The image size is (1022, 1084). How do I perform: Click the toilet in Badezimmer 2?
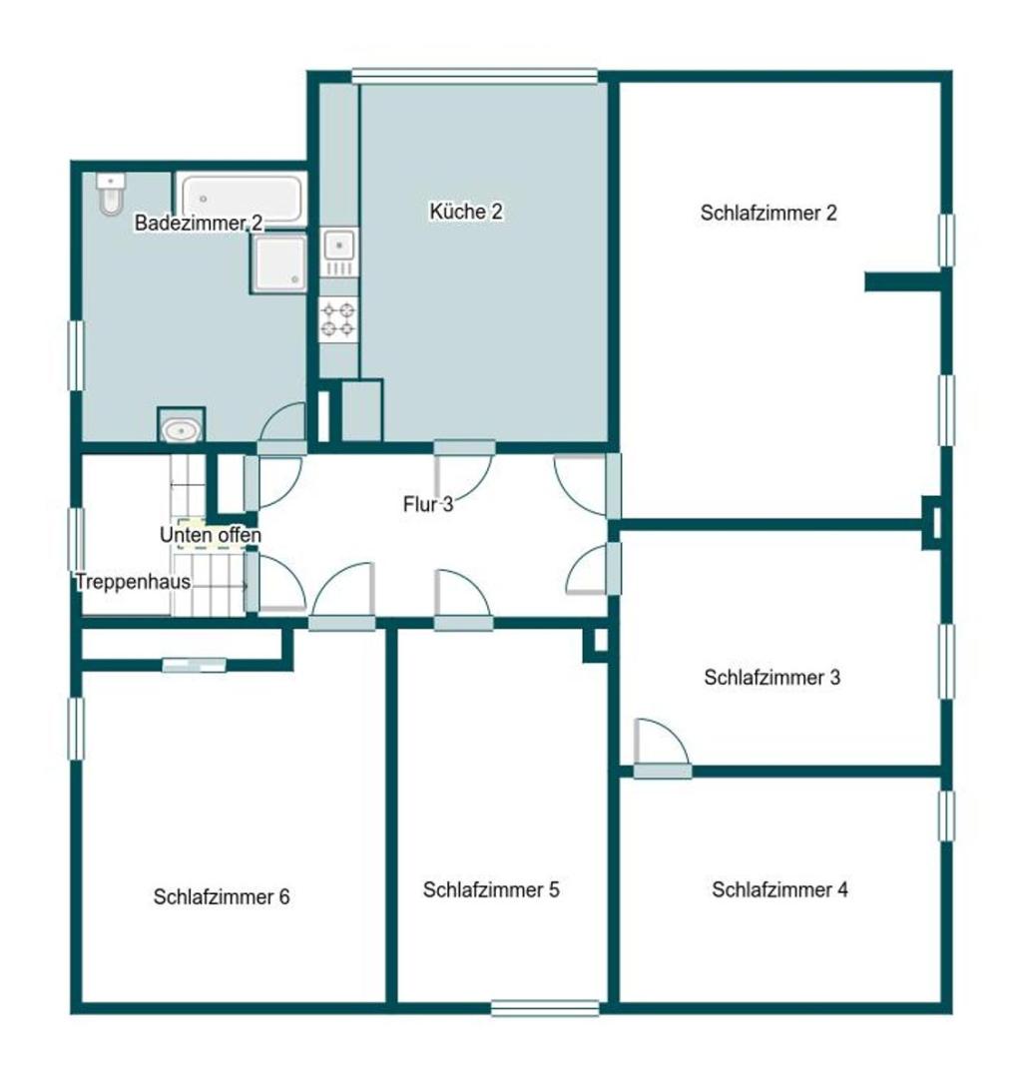tap(110, 194)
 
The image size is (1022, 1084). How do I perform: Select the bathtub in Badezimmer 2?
tap(242, 199)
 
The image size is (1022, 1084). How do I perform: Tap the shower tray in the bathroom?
tap(278, 264)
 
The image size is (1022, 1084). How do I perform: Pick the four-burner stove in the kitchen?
tap(338, 319)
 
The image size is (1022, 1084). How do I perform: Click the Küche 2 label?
tap(466, 212)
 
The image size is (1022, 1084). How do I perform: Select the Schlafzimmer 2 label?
tap(768, 213)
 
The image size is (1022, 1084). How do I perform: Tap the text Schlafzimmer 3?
tap(771, 677)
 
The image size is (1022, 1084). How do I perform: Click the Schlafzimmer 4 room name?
tap(780, 889)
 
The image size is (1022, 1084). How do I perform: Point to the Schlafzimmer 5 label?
tap(491, 889)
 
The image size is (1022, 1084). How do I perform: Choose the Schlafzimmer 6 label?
tap(222, 896)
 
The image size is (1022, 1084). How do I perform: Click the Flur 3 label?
tap(428, 504)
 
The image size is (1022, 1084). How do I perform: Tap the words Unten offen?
tap(211, 535)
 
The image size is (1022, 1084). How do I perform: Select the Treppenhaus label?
tap(133, 581)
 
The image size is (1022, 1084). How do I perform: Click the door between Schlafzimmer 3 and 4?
tap(663, 748)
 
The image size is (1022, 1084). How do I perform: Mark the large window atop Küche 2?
tap(474, 76)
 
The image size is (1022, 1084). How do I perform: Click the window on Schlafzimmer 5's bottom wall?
tap(545, 1008)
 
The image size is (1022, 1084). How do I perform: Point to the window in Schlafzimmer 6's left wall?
tap(76, 729)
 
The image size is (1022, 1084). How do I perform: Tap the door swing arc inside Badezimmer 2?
tap(282, 421)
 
